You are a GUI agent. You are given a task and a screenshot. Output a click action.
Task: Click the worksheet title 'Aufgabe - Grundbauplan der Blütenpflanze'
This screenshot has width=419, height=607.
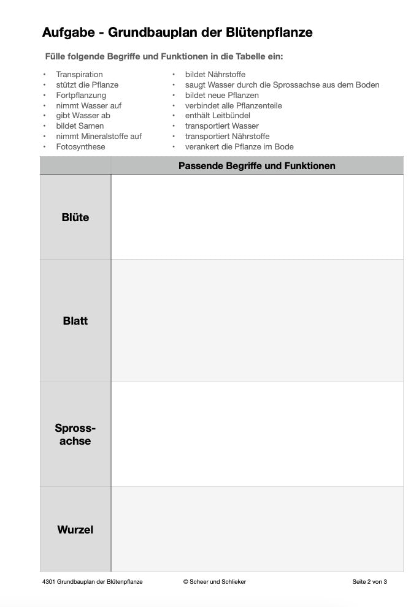tap(177, 33)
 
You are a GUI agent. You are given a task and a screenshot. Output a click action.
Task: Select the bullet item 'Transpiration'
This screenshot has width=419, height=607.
tap(79, 75)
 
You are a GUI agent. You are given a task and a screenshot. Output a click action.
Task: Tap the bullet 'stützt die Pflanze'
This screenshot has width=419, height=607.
tap(87, 85)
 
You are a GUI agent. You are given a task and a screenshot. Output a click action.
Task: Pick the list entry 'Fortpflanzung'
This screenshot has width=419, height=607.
tap(81, 96)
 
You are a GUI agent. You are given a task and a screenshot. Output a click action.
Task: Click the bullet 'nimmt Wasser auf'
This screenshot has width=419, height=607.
tap(88, 106)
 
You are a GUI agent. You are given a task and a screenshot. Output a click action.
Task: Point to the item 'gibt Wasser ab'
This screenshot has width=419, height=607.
tap(83, 116)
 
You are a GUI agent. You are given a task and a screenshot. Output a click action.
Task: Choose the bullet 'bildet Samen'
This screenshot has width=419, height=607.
tap(80, 126)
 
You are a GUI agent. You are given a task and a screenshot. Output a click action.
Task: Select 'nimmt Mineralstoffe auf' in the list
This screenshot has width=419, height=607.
tap(99, 137)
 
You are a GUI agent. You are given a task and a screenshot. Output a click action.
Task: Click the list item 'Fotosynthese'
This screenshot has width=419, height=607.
tap(80, 147)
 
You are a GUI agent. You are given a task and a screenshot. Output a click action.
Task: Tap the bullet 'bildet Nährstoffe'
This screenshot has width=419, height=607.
tap(215, 75)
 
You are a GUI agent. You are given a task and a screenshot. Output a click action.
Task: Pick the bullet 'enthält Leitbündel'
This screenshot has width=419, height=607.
tap(218, 116)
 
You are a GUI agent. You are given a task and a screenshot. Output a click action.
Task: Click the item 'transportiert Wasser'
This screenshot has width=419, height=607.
tap(221, 126)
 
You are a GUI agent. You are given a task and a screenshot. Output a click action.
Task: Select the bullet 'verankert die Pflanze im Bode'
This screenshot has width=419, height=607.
tap(239, 147)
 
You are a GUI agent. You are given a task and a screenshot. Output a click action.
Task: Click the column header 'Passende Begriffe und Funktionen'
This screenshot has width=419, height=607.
tap(256, 166)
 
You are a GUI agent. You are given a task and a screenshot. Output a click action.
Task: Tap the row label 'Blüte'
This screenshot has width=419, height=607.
tap(75, 217)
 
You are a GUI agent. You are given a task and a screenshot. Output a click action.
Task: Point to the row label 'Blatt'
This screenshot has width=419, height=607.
tap(75, 321)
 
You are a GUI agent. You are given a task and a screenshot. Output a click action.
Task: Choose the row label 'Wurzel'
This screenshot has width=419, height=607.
tap(75, 530)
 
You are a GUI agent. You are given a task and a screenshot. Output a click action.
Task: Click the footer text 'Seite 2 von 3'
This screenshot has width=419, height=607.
tap(369, 582)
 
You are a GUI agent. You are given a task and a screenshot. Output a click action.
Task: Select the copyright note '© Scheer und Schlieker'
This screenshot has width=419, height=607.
tap(214, 582)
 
